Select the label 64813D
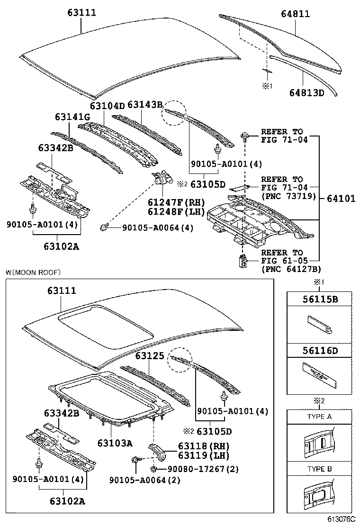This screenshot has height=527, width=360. pos(306,92)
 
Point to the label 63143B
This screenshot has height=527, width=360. pos(145,105)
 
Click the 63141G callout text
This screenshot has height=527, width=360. pos(72,117)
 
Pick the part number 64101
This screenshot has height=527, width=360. pos(341,199)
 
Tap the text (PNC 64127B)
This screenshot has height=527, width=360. pos(291,269)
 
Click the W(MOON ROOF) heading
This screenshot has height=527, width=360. pos(33,273)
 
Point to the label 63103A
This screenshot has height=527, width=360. pos(115,443)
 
